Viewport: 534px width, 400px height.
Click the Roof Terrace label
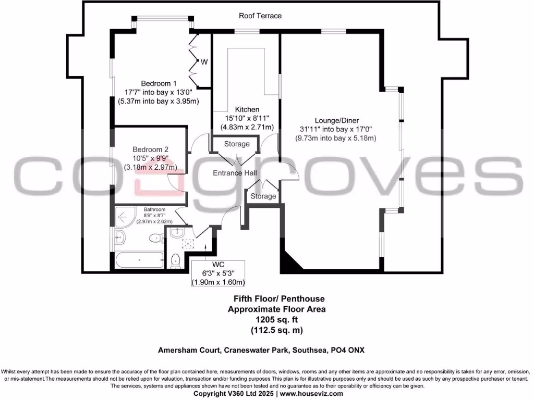tap(260, 16)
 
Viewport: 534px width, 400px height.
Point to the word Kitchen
tap(247, 109)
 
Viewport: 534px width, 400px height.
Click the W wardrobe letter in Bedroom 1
tap(204, 62)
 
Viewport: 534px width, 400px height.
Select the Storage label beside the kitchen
tap(237, 144)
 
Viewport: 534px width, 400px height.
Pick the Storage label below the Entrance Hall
tap(263, 196)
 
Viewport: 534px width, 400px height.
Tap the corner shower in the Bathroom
tap(123, 215)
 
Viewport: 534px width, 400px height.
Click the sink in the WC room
tap(177, 233)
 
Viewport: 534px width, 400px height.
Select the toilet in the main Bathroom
tap(155, 239)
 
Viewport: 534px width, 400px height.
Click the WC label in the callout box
tap(218, 264)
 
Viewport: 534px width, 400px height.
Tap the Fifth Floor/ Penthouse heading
tap(278, 299)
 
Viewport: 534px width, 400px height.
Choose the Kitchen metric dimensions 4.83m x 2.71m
tap(247, 127)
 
